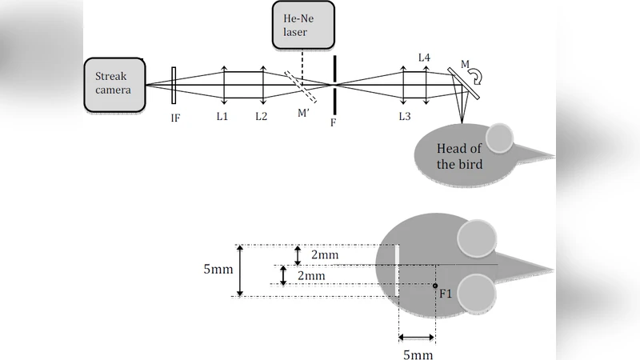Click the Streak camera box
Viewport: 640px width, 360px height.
114,84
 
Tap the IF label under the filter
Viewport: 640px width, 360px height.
174,117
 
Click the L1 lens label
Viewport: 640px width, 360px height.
222,117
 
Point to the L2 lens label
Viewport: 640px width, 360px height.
262,117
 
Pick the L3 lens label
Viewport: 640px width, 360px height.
405,117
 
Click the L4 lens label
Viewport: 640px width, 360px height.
425,58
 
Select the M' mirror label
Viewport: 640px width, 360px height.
303,113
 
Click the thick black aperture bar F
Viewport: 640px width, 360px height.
334,84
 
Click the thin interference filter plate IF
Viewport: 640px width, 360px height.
174,85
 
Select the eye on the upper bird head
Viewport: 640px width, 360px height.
501,138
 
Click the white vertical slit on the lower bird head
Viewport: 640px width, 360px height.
398,270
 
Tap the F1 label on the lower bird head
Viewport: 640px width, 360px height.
446,294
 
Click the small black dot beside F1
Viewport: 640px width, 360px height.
434,286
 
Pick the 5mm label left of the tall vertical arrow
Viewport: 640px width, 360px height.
218,270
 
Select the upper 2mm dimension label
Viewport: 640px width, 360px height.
325,254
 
